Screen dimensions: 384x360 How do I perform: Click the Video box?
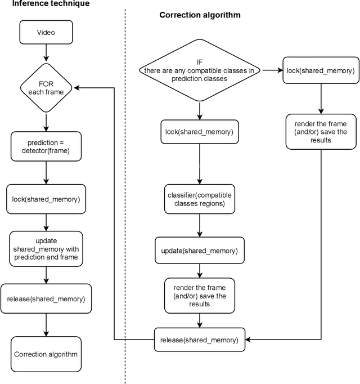pyautogui.click(x=46, y=33)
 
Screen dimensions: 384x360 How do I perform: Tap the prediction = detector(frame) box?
pyautogui.click(x=46, y=146)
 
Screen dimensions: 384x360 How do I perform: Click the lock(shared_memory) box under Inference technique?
pyautogui.click(x=46, y=199)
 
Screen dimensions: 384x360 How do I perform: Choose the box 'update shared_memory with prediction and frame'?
pyautogui.click(x=46, y=248)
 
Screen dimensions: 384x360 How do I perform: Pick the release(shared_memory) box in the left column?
pyautogui.click(x=46, y=299)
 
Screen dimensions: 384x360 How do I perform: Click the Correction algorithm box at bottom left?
pyautogui.click(x=46, y=354)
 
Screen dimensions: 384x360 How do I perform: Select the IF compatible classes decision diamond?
pyautogui.click(x=199, y=70)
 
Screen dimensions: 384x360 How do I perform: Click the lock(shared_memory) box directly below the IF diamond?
pyautogui.click(x=199, y=132)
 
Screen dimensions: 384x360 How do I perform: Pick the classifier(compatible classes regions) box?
pyautogui.click(x=199, y=199)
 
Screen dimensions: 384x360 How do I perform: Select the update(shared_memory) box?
pyautogui.click(x=199, y=250)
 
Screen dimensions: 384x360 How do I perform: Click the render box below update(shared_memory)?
pyautogui.click(x=199, y=296)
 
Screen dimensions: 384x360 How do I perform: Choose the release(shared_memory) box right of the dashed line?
pyautogui.click(x=199, y=340)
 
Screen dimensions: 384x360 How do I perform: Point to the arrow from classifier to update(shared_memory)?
pyautogui.click(x=199, y=225)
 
